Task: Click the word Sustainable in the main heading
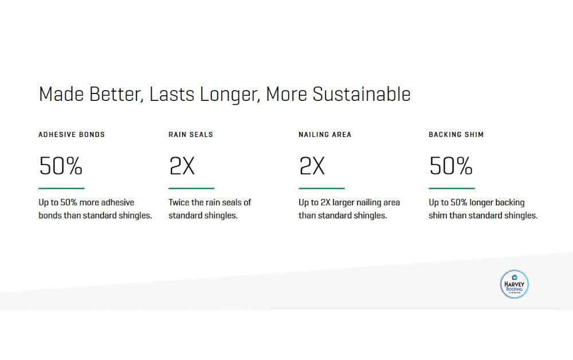pyautogui.click(x=362, y=94)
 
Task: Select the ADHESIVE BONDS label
pyautogui.click(x=72, y=135)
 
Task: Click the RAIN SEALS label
pyautogui.click(x=191, y=135)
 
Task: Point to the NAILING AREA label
pyautogui.click(x=325, y=135)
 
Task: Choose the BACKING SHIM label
pyautogui.click(x=456, y=135)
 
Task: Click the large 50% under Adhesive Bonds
pyautogui.click(x=61, y=166)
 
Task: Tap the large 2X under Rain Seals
pyautogui.click(x=182, y=166)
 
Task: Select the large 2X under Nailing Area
pyautogui.click(x=312, y=166)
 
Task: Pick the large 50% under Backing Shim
pyautogui.click(x=451, y=166)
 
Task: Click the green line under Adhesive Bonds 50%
pyautogui.click(x=61, y=188)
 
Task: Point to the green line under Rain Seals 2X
pyautogui.click(x=191, y=188)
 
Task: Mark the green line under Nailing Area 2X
pyautogui.click(x=321, y=188)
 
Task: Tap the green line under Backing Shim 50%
pyautogui.click(x=452, y=188)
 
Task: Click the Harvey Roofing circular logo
pyautogui.click(x=514, y=284)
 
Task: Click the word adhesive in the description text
pyautogui.click(x=117, y=202)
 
